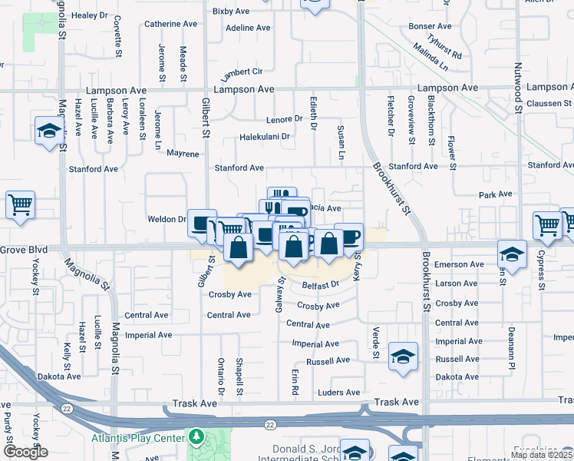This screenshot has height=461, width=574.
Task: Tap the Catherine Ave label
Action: click(170, 25)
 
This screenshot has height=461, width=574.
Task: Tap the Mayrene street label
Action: click(183, 154)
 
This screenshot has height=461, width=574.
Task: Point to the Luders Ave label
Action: click(338, 393)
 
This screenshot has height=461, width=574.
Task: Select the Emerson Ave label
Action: click(459, 264)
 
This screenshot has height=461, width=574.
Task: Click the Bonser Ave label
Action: click(430, 26)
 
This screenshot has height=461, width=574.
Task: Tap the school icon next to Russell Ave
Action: click(403, 356)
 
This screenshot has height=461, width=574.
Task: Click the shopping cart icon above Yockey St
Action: click(20, 204)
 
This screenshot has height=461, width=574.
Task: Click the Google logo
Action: click(25, 451)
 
